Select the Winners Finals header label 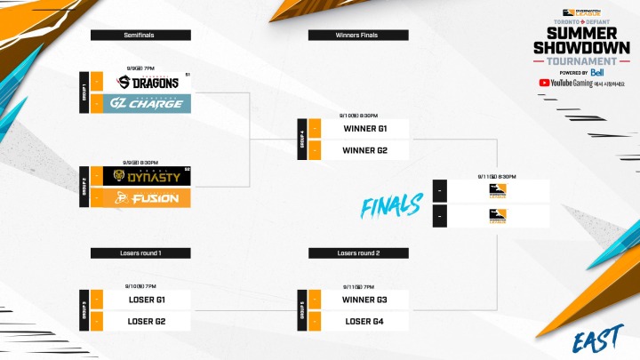tap(357, 35)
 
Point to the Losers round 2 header tap(357, 253)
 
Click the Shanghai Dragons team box tap(148, 83)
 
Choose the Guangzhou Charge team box tap(148, 104)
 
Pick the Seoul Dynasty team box tap(148, 177)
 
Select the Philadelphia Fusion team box tap(148, 198)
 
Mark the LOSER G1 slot tap(148, 300)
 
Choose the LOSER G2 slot tap(148, 320)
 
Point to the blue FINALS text tap(391, 207)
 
